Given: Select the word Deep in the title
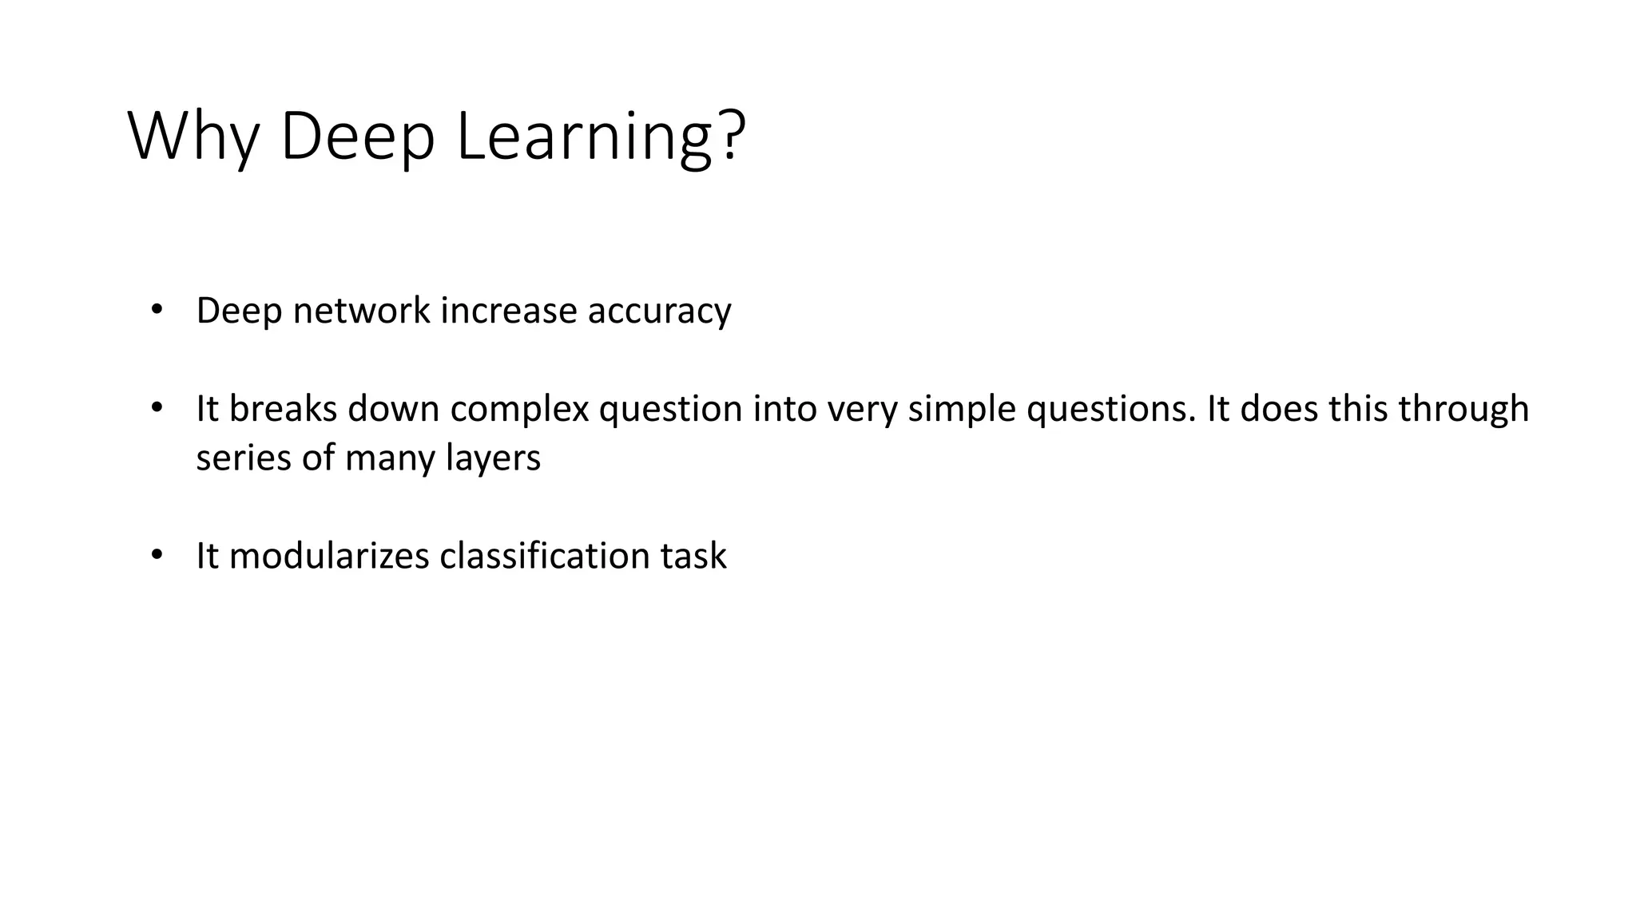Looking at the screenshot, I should click(x=357, y=137).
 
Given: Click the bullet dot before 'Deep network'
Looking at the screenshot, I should click(x=156, y=309).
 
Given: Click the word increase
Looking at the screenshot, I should click(x=509, y=311).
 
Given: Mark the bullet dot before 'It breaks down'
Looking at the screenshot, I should click(x=156, y=407).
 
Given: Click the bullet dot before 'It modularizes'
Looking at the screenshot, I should click(x=156, y=554).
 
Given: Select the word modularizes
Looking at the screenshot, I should click(x=329, y=556).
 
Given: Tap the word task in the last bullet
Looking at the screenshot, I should click(x=693, y=556).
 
